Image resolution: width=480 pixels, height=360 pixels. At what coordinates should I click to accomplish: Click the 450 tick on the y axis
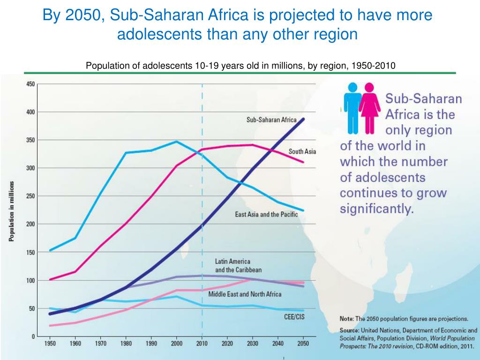30,84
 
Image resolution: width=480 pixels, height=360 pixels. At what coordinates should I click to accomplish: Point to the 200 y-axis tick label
30,224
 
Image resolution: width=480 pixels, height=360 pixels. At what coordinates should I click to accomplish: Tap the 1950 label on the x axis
50,344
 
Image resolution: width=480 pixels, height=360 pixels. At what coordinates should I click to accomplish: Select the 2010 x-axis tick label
202,344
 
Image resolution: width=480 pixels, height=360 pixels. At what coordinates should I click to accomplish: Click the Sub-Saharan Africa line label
271,120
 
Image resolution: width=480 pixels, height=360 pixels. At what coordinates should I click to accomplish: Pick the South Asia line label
302,151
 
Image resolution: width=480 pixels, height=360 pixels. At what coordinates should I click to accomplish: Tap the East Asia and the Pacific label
266,215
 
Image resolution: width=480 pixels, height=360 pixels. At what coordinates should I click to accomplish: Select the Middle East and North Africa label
245,294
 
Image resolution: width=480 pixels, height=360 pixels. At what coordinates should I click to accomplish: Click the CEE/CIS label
294,317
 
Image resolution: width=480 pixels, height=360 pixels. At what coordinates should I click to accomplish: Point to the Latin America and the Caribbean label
238,266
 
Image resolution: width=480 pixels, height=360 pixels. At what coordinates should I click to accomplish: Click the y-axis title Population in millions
12,211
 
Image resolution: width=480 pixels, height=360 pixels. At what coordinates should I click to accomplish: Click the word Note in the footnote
347,318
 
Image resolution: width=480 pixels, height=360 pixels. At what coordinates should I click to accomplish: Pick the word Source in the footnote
350,330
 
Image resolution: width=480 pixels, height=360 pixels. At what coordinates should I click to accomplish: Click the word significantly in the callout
377,209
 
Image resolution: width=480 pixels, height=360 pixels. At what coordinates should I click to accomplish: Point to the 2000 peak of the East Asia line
177,142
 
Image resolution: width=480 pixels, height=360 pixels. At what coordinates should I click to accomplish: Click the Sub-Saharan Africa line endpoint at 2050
303,119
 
